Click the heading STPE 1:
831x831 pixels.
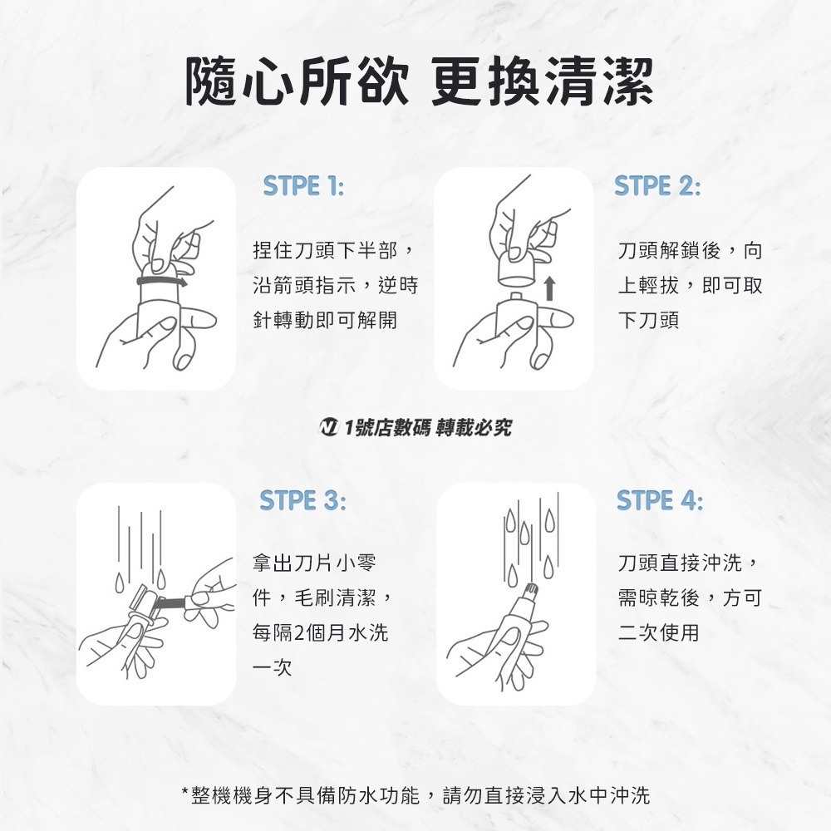point(303,187)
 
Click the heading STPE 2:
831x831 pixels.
point(657,187)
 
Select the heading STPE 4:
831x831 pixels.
point(659,501)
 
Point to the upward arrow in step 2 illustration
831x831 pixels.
point(548,288)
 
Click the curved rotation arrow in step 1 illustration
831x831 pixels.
point(163,283)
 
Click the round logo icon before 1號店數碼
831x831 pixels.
point(328,427)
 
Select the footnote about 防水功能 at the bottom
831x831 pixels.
point(415,795)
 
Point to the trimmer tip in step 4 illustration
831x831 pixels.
point(529,592)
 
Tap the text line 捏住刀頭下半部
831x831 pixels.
point(331,250)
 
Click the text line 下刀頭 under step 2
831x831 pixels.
point(648,320)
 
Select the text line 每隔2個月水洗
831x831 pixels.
point(320,632)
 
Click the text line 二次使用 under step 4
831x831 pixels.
point(659,632)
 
